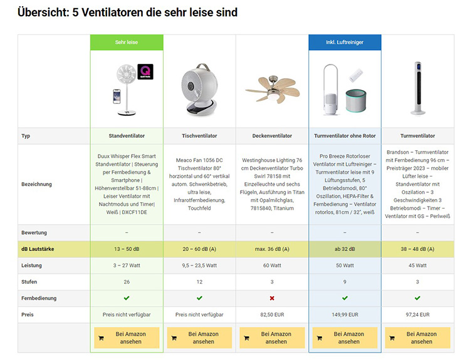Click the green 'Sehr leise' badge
pos(127,43)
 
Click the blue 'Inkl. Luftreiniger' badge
pos(345,43)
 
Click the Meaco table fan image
pos(199,90)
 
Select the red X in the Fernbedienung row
pos(272,298)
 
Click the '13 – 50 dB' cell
pos(127,249)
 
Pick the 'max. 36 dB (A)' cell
pos(272,249)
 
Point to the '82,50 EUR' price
pos(272,314)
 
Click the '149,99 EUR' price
pos(345,314)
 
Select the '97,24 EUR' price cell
pos(417,314)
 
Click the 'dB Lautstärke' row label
pos(38,249)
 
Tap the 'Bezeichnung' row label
pos(36,184)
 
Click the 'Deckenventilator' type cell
pos(272,136)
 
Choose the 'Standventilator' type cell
pos(127,136)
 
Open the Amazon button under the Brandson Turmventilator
pos(417,337)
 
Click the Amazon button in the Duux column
pos(127,337)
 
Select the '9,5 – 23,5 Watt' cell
pos(199,265)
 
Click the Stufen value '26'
pos(127,282)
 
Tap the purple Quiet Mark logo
pos(145,71)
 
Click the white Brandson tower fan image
pos(417,90)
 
